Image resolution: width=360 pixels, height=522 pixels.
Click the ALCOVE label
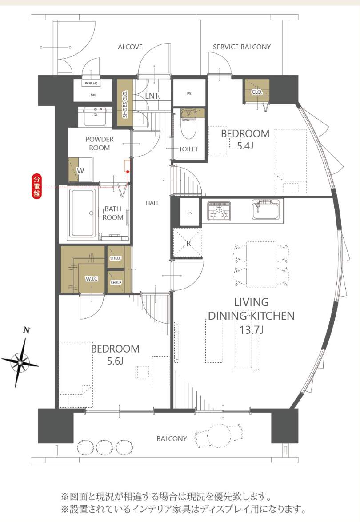click(130, 47)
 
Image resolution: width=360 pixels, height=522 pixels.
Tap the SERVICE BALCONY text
click(242, 47)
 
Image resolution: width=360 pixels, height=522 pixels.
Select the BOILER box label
click(91, 83)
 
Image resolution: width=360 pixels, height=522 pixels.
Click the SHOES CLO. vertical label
click(125, 104)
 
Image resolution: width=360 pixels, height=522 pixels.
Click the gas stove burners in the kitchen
click(219, 211)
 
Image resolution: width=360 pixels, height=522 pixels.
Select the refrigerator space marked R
click(188, 243)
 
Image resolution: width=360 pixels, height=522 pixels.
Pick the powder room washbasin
click(95, 116)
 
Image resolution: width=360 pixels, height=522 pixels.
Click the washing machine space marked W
click(80, 170)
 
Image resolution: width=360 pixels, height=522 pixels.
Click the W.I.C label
click(92, 279)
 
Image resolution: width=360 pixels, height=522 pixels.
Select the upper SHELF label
click(116, 258)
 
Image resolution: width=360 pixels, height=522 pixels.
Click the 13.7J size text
click(252, 330)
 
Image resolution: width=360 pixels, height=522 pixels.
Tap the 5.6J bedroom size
click(115, 361)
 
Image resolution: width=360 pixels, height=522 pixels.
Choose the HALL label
click(152, 203)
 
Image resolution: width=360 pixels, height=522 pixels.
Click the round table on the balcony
click(219, 434)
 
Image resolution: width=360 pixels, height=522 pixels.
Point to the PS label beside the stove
click(190, 213)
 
